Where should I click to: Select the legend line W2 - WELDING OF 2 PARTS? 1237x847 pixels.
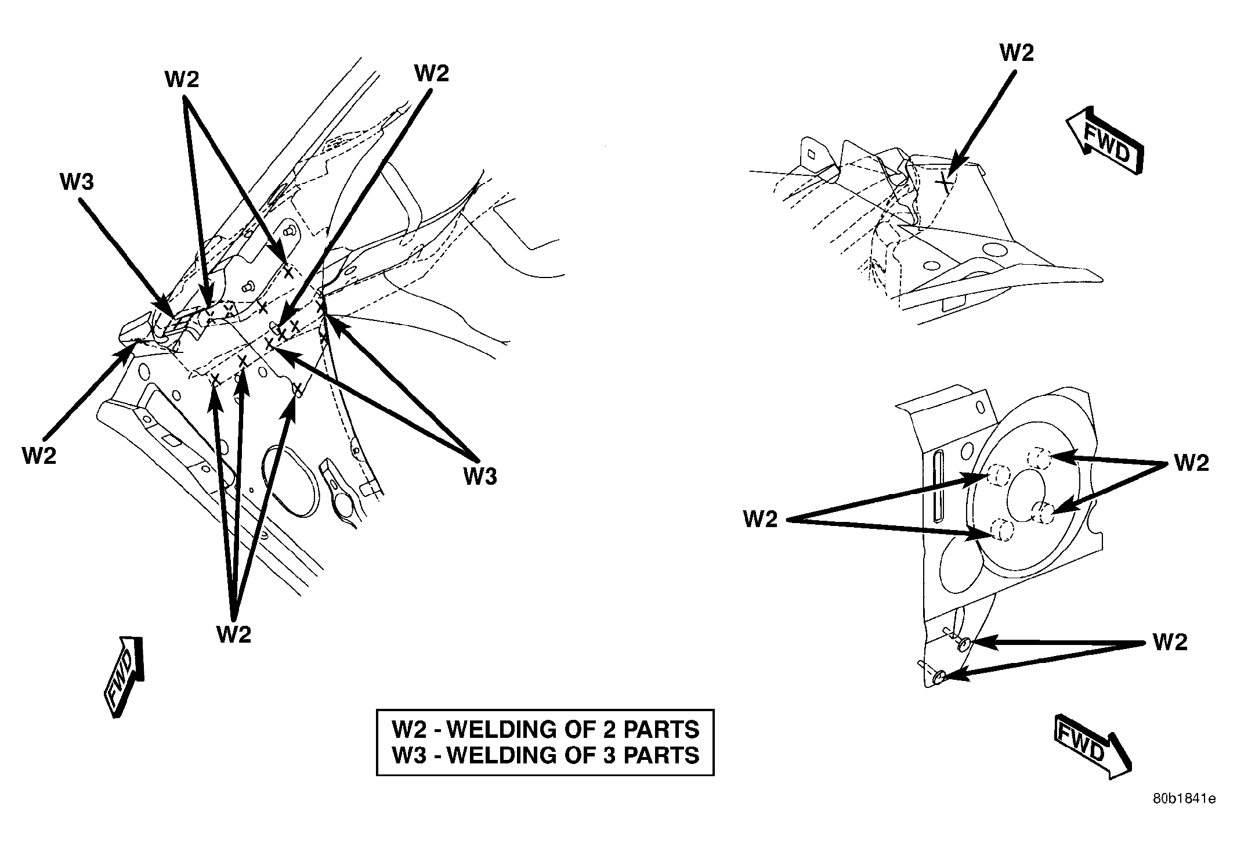click(545, 729)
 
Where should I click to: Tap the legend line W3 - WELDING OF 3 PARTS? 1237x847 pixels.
click(545, 755)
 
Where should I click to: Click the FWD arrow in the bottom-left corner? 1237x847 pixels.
click(124, 676)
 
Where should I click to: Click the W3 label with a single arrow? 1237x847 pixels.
click(77, 182)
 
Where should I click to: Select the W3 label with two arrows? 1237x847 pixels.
click(480, 477)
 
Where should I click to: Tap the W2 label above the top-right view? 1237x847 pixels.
click(1017, 53)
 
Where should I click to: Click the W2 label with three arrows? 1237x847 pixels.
click(234, 635)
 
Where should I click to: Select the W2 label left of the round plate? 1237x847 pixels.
click(760, 520)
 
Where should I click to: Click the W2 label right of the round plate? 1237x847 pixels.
click(1192, 463)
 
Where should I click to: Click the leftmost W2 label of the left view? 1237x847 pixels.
click(39, 456)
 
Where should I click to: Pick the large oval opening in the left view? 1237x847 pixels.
click(290, 481)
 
